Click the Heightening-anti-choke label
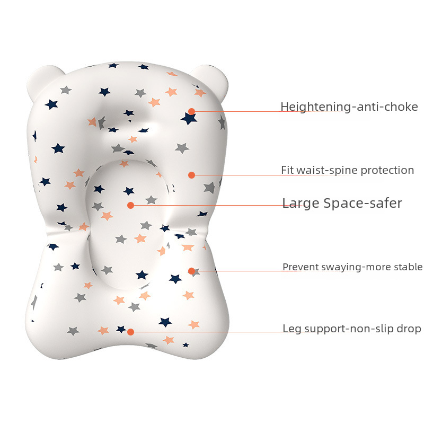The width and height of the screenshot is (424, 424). click(x=349, y=107)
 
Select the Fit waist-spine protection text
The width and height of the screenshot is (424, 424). click(x=347, y=170)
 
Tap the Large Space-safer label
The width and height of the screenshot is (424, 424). click(x=342, y=203)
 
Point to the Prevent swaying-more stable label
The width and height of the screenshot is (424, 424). click(x=352, y=267)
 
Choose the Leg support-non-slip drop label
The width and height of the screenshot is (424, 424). click(x=351, y=329)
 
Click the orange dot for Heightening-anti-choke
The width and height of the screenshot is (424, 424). click(x=191, y=112)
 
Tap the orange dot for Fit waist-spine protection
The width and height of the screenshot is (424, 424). click(x=191, y=175)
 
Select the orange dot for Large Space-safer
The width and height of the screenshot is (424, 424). click(x=130, y=205)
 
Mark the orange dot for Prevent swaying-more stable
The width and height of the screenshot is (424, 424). click(x=191, y=271)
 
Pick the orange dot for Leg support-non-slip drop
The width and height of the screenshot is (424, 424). click(x=130, y=332)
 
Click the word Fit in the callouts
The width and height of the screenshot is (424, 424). click(x=287, y=170)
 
